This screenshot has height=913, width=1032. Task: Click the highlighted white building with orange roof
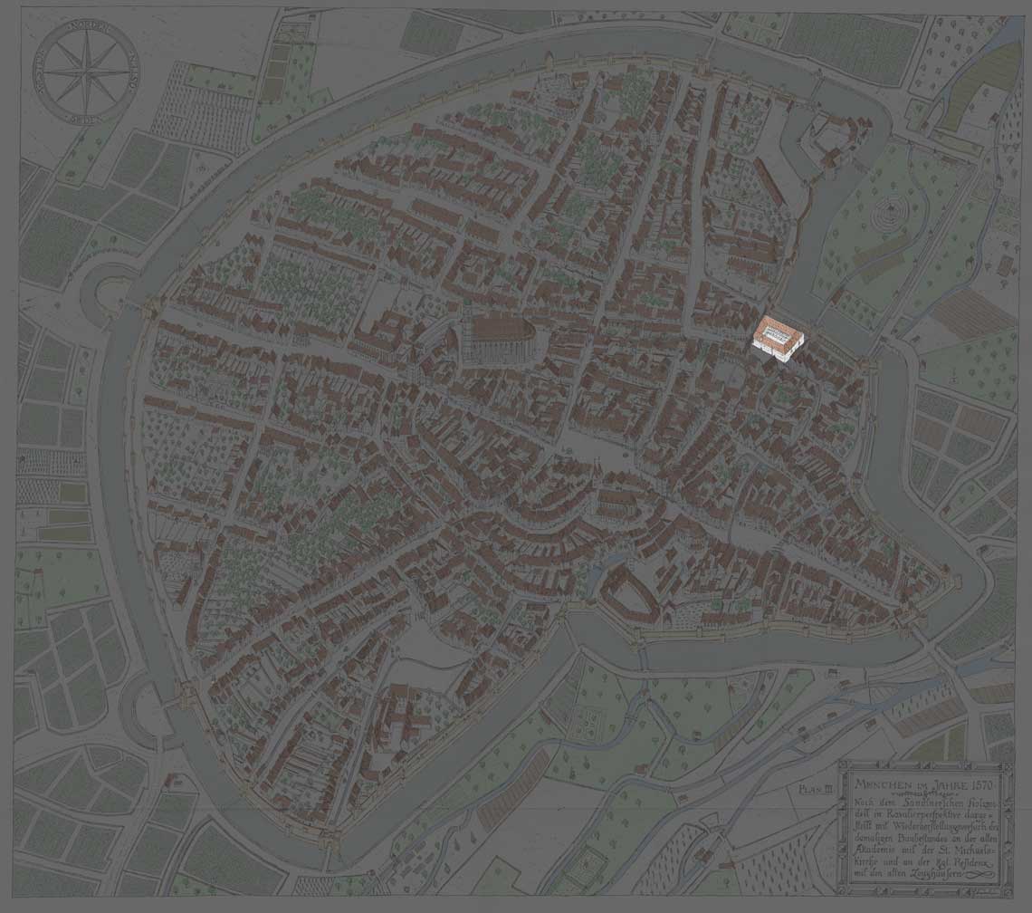(x=778, y=337)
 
